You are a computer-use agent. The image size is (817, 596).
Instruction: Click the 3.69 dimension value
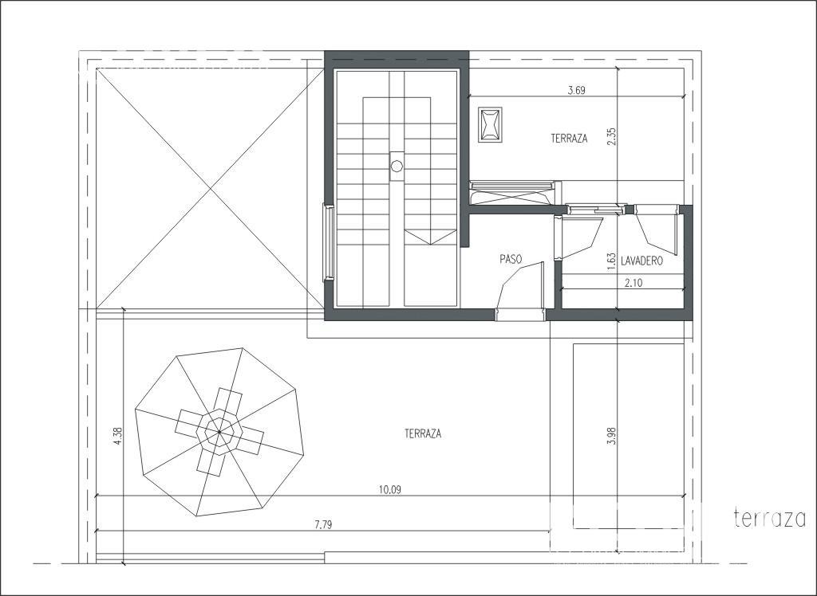click(x=576, y=90)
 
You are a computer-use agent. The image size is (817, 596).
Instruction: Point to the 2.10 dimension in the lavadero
click(x=633, y=283)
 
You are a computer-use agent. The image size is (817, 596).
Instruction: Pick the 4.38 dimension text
click(x=118, y=436)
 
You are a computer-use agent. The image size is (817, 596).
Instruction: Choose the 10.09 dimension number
click(x=390, y=489)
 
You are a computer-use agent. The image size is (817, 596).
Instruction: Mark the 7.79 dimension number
click(x=323, y=525)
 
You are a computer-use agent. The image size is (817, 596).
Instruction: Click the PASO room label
click(x=511, y=259)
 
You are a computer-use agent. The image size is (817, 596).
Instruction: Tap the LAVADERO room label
click(x=642, y=261)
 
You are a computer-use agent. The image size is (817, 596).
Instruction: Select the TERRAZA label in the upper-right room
click(x=569, y=139)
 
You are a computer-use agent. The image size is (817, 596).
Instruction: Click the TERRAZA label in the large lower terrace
click(x=423, y=433)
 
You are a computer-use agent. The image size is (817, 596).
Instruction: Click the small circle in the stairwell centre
click(x=397, y=167)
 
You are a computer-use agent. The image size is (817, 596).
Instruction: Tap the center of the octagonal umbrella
click(x=219, y=432)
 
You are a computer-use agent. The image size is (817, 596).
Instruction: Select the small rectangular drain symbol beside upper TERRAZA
click(x=490, y=125)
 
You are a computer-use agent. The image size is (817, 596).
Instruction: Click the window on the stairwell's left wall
click(x=328, y=243)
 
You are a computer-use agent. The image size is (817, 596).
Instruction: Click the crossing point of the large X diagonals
click(x=210, y=188)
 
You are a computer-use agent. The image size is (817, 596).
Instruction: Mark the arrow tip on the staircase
click(x=430, y=244)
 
